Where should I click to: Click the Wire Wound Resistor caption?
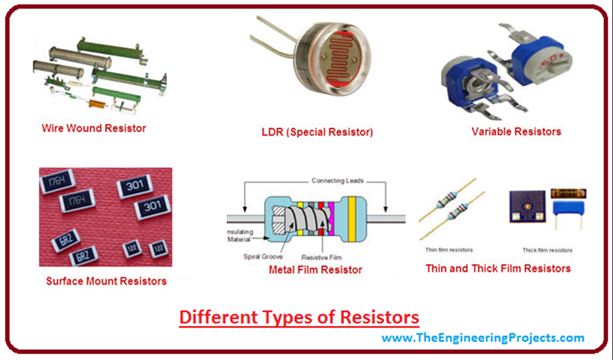(93, 128)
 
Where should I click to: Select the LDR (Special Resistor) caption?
(317, 132)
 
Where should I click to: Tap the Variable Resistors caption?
(516, 131)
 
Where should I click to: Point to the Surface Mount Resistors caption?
(106, 280)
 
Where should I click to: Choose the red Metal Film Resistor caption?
(315, 270)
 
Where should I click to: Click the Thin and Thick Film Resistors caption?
(498, 268)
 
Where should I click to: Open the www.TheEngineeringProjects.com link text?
(482, 338)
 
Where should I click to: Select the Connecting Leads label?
(337, 180)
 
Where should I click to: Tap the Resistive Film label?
(321, 256)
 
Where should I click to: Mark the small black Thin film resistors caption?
(449, 250)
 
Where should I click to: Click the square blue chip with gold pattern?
(527, 207)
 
